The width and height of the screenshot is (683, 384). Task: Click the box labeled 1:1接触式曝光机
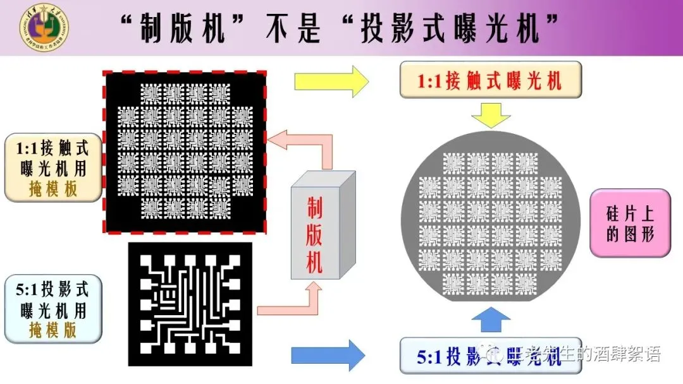click(x=490, y=80)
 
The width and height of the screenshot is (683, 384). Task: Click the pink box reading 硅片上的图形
click(x=629, y=223)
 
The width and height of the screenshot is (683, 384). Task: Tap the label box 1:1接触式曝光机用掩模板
click(x=53, y=167)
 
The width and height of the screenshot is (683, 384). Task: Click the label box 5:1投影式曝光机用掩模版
click(x=53, y=309)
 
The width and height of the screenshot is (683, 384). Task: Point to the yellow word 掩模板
click(x=54, y=188)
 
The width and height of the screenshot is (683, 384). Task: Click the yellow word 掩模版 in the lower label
click(x=54, y=330)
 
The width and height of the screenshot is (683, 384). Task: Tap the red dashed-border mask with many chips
click(x=185, y=152)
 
